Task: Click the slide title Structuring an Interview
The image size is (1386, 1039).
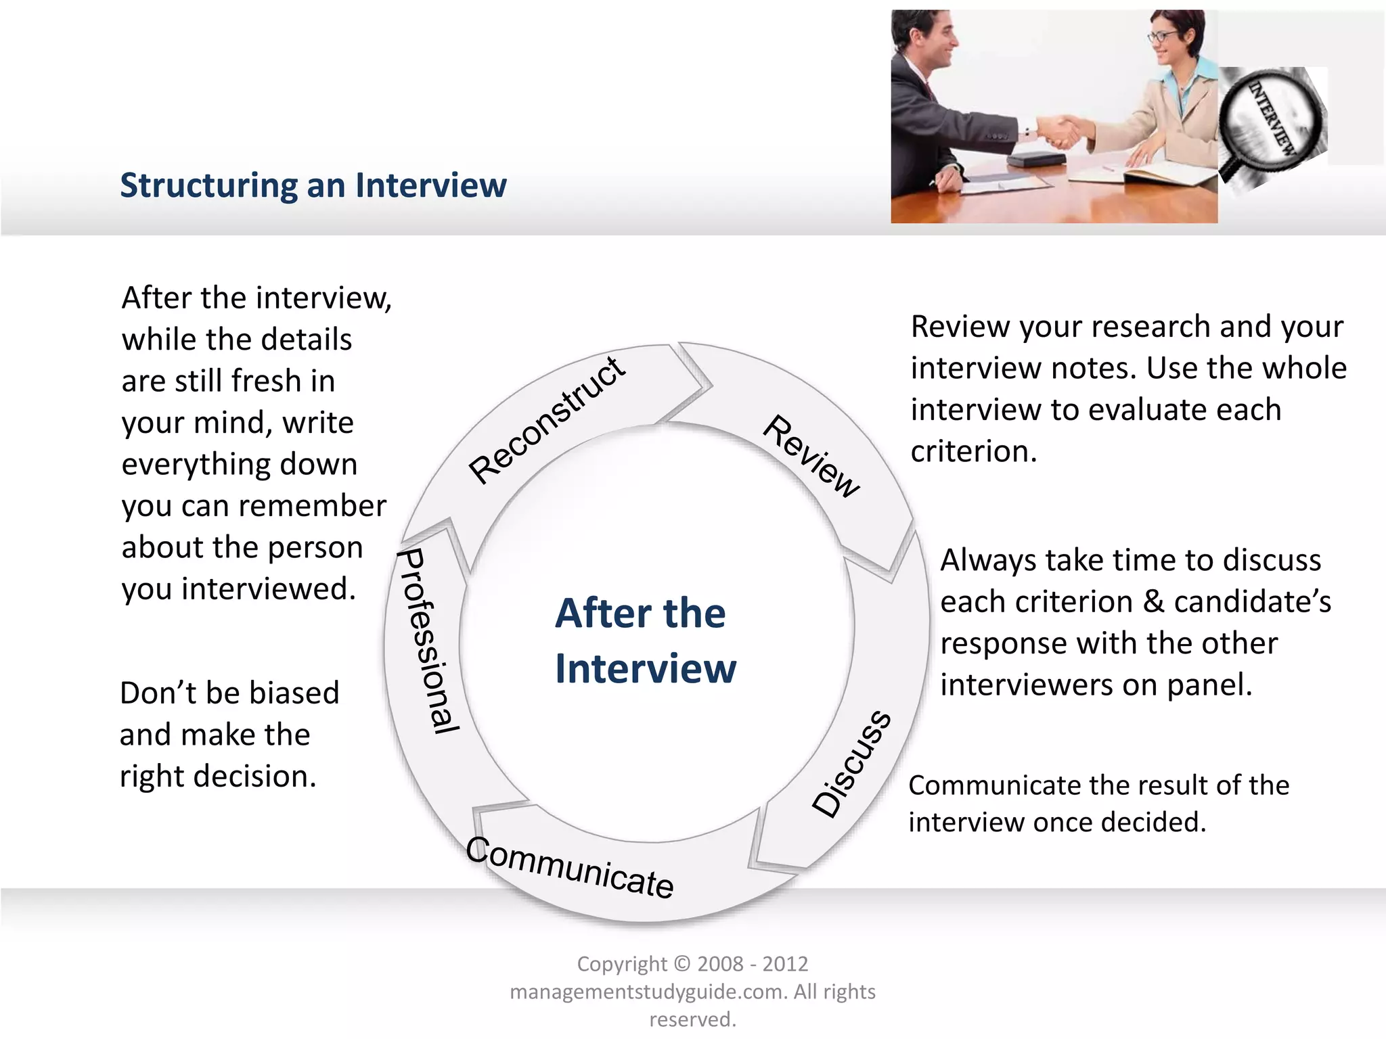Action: (313, 185)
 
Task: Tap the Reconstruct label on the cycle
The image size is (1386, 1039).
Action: (547, 420)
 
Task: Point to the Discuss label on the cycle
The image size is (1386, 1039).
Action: (852, 764)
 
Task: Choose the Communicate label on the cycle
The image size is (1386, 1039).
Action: (570, 867)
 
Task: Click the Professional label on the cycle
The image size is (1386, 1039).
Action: (428, 641)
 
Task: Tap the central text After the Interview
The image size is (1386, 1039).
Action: (645, 640)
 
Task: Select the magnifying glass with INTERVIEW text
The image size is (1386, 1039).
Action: (1270, 122)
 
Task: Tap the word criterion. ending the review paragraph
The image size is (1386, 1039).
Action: (973, 451)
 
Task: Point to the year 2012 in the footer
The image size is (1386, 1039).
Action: (785, 963)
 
